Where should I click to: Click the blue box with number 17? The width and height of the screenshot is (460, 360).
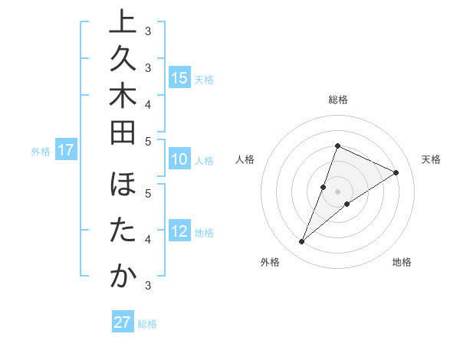pyautogui.click(x=66, y=151)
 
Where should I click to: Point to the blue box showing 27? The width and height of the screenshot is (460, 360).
pyautogui.click(x=123, y=322)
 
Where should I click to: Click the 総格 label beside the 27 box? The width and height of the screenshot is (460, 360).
pyautogui.click(x=148, y=324)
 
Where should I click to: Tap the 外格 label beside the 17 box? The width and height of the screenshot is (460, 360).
pyautogui.click(x=41, y=152)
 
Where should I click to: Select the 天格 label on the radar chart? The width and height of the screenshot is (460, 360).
pyautogui.click(x=431, y=159)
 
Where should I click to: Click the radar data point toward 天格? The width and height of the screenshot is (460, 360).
pyautogui.click(x=396, y=172)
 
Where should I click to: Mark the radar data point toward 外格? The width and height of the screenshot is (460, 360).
pyautogui.click(x=302, y=242)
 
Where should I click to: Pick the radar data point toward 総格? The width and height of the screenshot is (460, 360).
pyautogui.click(x=337, y=146)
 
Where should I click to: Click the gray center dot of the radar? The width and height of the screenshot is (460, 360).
pyautogui.click(x=337, y=191)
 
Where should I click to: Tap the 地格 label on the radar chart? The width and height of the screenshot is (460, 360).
pyautogui.click(x=402, y=263)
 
